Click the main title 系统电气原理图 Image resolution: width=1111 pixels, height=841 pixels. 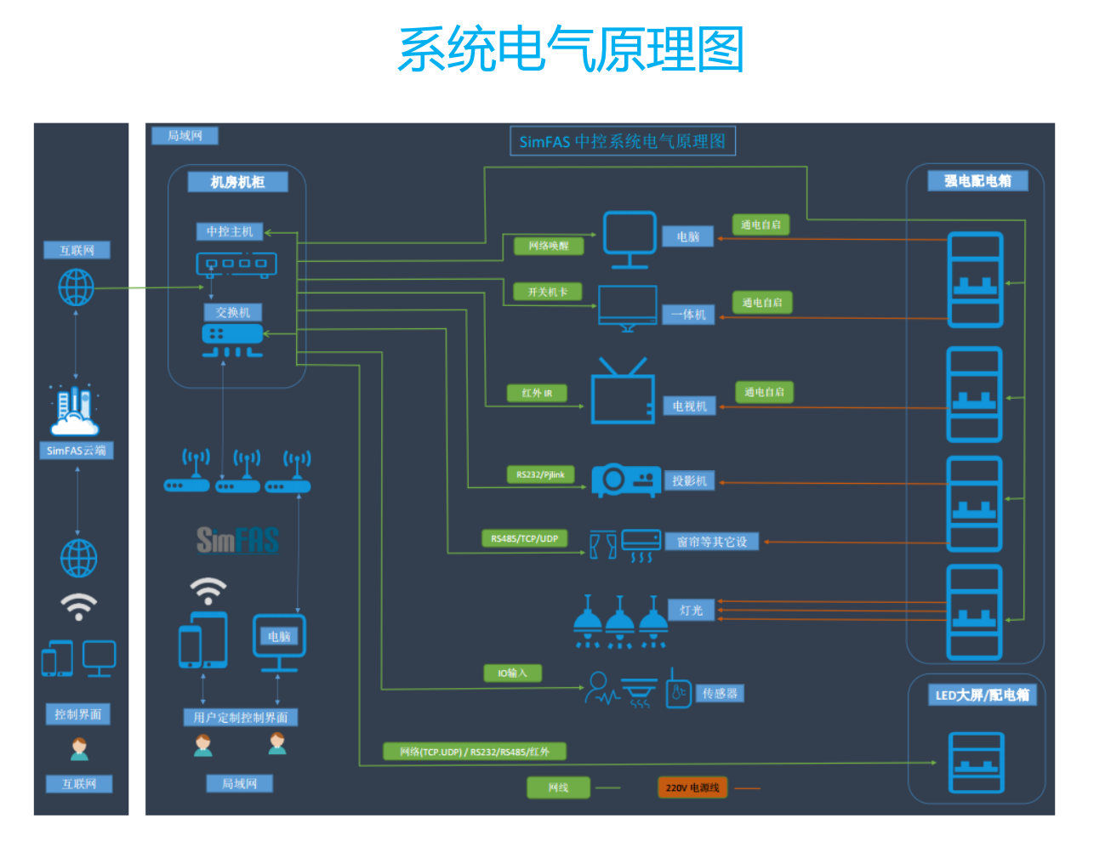(x=571, y=49)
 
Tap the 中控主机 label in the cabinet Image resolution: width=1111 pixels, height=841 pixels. (x=230, y=231)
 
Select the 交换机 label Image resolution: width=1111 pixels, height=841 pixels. (x=233, y=312)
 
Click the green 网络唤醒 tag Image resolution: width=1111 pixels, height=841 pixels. (x=549, y=246)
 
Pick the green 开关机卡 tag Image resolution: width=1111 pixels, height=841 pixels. (x=547, y=292)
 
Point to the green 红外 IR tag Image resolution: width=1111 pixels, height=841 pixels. (x=537, y=393)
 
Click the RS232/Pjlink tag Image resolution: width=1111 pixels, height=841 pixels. (x=540, y=474)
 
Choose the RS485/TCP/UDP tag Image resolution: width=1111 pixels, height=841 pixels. (x=524, y=538)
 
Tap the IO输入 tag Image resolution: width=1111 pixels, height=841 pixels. (x=512, y=673)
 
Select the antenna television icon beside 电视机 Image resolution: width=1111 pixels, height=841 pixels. (x=623, y=392)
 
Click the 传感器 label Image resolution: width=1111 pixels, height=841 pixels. (x=720, y=693)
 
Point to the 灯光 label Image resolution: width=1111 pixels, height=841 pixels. (x=691, y=610)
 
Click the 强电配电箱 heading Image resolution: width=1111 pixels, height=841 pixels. (x=977, y=180)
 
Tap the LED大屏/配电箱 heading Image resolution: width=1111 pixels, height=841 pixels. (x=982, y=695)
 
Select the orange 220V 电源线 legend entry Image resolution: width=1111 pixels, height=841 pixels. (x=692, y=787)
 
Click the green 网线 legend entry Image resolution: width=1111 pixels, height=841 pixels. (x=558, y=787)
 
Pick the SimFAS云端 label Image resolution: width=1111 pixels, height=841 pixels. (x=77, y=451)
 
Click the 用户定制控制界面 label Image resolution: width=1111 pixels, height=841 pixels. (x=241, y=717)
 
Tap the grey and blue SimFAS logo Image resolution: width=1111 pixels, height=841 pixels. (x=237, y=539)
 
